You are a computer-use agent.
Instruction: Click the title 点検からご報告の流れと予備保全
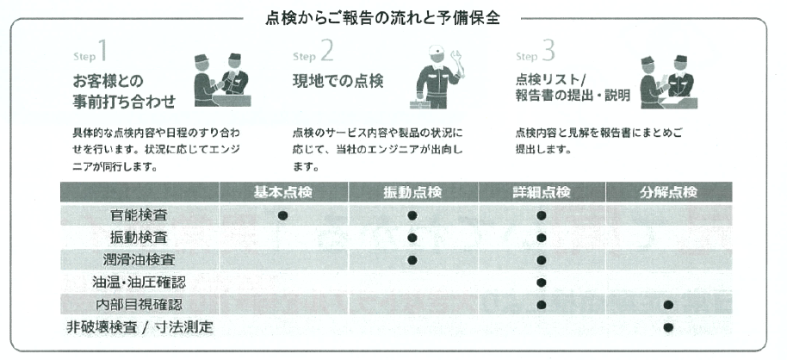point(382,18)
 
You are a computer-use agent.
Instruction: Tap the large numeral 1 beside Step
point(102,51)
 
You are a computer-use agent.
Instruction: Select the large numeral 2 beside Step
point(326,51)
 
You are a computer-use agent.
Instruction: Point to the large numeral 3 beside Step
point(548,51)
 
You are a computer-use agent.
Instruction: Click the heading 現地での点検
point(338,81)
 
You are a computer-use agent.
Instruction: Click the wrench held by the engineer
point(458,62)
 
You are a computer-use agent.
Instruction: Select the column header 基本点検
point(283,192)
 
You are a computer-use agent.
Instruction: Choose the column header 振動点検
point(412,192)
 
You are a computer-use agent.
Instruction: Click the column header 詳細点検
point(542,192)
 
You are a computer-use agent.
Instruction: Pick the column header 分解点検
point(668,192)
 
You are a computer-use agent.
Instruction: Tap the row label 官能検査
point(139,215)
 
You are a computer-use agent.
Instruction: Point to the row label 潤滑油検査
point(139,260)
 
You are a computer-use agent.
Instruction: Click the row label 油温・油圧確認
point(139,282)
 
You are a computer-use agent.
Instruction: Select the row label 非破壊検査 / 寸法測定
point(139,327)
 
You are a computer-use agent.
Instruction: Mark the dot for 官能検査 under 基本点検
point(282,215)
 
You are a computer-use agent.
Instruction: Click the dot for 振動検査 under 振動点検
point(412,238)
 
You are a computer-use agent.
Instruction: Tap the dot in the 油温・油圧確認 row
point(541,282)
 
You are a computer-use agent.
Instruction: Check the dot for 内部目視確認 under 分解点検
point(668,305)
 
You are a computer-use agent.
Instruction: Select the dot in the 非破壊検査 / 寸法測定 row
point(668,327)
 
